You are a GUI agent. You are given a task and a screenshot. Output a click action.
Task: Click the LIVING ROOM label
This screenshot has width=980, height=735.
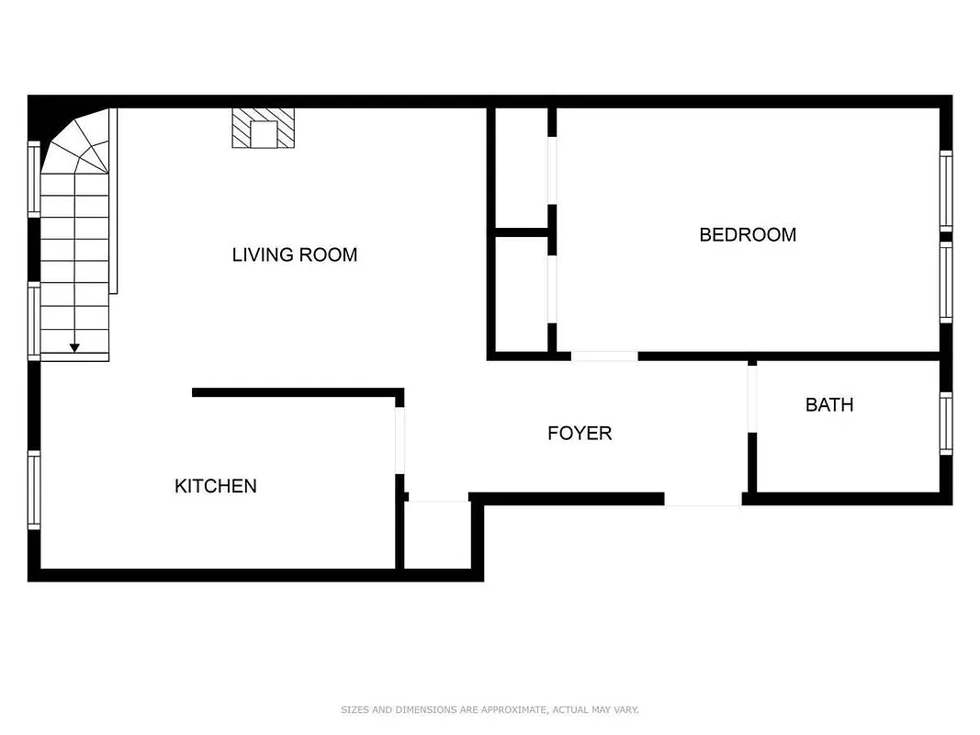tap(294, 254)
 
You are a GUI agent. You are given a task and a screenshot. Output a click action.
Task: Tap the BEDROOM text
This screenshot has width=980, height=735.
tap(747, 234)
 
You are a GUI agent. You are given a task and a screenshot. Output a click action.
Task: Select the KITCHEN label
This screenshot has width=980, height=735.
tap(215, 486)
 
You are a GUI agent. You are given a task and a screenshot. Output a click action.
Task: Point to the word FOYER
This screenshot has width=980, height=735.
tap(579, 433)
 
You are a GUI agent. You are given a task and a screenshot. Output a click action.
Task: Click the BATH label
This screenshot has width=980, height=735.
tap(828, 404)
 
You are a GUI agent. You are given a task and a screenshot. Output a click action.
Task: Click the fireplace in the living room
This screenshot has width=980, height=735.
tap(264, 129)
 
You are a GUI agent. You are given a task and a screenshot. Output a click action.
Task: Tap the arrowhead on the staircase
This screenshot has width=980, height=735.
tap(74, 346)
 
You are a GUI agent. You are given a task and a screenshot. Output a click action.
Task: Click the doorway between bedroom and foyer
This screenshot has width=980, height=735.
tap(604, 356)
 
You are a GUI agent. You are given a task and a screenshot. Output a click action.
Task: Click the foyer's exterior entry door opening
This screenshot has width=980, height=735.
tap(703, 499)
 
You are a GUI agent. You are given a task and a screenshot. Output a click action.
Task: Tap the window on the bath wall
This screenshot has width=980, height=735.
tap(945, 423)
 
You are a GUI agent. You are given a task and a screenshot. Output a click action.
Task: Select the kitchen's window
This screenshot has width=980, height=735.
tap(34, 490)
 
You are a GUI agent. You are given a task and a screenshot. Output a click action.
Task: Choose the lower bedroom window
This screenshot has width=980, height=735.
tap(945, 281)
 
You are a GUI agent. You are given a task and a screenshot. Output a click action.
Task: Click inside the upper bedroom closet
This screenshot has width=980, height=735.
tap(521, 167)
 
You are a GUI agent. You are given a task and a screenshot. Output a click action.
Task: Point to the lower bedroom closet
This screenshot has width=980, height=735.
tap(521, 293)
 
